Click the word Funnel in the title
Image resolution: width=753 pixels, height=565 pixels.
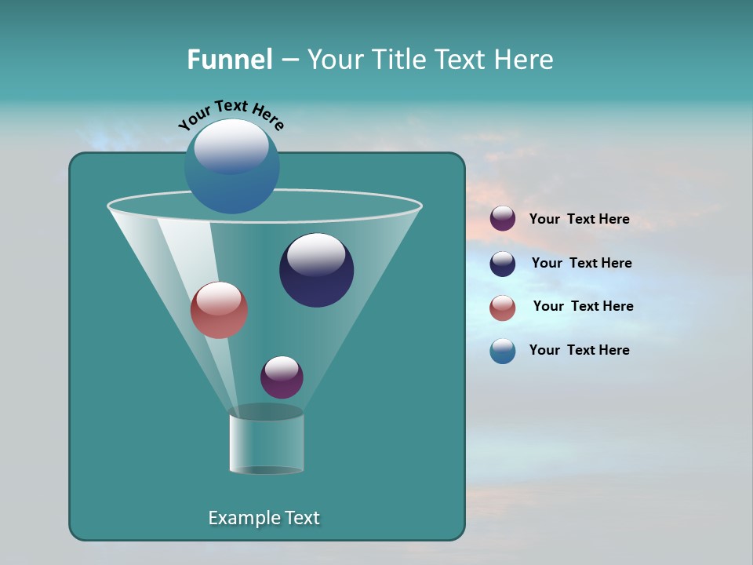pos(229,60)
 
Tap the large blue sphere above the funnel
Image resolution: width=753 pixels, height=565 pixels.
pos(232,166)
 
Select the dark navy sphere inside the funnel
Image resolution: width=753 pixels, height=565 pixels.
pos(317,271)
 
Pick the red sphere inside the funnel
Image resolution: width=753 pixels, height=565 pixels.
pos(220,310)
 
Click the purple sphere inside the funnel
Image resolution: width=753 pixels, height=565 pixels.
pos(282,377)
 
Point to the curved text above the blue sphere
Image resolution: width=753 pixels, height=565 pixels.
pos(231,114)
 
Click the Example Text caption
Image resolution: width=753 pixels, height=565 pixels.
pos(264,518)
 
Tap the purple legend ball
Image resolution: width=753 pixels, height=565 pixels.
pos(503,219)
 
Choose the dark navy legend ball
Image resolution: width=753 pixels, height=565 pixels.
pos(503,264)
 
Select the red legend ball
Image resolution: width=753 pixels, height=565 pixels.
pos(503,308)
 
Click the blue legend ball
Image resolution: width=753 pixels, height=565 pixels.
pos(503,351)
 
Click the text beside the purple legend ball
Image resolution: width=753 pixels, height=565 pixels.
pos(579,219)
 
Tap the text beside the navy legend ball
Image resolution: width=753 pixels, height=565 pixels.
pos(581,263)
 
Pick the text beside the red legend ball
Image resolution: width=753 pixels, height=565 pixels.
pos(583,306)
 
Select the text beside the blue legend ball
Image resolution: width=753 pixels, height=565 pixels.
pos(579,350)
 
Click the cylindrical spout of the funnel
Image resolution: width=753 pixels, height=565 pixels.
pos(267,443)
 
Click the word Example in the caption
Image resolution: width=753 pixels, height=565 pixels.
pos(241,518)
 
